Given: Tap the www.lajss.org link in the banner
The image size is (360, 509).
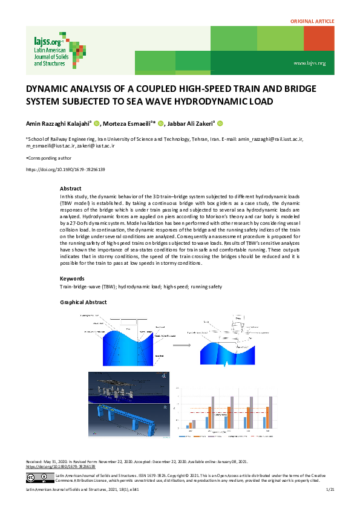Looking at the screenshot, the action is coord(309,63).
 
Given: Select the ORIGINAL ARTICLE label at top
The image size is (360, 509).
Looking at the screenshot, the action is coord(312,21).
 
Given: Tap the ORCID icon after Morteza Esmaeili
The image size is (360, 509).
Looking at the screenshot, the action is coord(161,123).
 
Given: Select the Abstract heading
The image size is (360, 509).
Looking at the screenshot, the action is coord(71,189).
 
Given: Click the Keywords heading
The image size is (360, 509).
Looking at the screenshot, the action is coord(73,278).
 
